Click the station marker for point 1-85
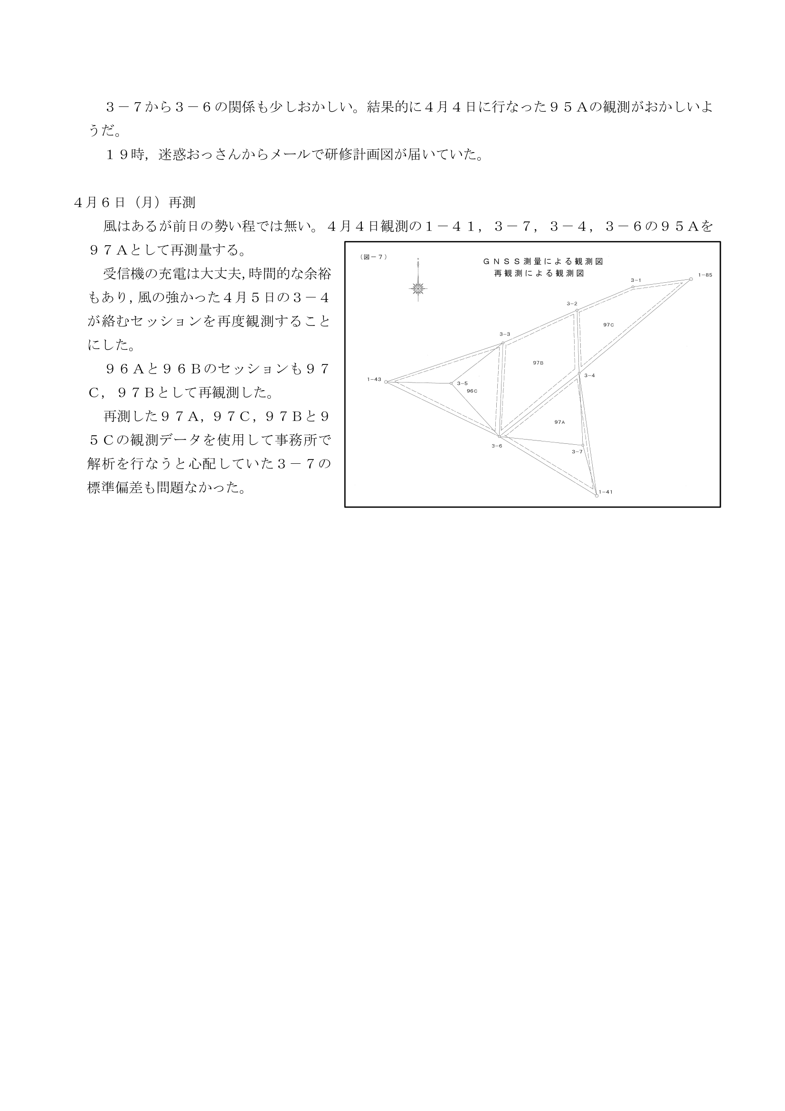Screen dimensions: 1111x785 tap(690, 279)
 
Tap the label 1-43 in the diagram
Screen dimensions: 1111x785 tap(374, 379)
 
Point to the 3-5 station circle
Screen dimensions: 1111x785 tap(451, 383)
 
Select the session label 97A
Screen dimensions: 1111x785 tap(559, 422)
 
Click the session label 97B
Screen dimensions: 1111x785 tap(538, 363)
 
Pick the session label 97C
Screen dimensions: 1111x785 tap(608, 325)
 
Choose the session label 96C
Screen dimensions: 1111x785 tap(472, 391)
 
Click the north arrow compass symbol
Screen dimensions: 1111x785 tap(418, 289)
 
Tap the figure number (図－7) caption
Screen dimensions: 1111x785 tap(373, 257)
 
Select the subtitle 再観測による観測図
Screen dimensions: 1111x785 tap(539, 273)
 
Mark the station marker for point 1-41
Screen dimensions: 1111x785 tap(596, 496)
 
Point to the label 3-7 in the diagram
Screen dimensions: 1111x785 tap(577, 451)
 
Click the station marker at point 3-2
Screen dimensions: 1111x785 tap(577, 310)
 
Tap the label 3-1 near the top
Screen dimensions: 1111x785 tap(635, 280)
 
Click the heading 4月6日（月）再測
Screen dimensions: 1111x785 tap(134, 203)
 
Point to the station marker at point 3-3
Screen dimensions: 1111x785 tap(503, 343)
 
